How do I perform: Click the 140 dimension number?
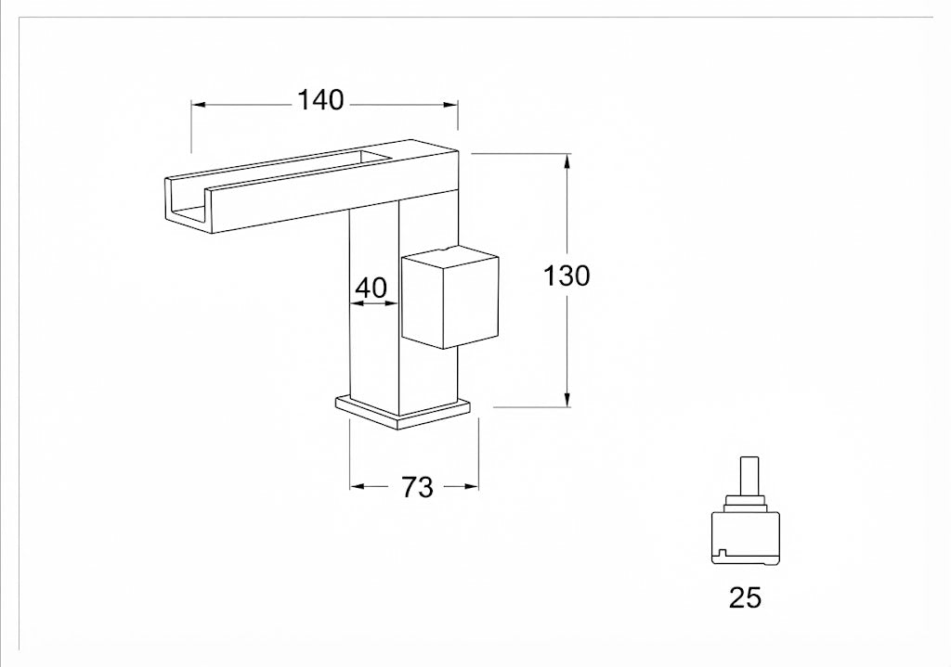coord(320,100)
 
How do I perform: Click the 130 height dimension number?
coord(567,276)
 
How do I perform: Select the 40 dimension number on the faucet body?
coord(371,288)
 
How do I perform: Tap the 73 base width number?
coord(418,487)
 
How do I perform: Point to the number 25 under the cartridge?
coord(745,598)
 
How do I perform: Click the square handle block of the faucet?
coord(450,296)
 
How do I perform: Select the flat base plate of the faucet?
coord(403,412)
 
